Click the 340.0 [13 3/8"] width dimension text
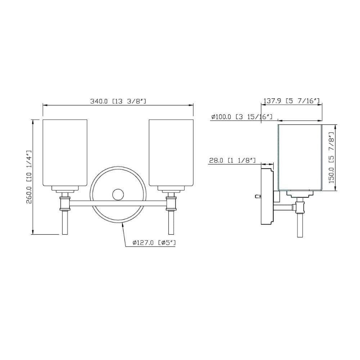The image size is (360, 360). tap(118, 101)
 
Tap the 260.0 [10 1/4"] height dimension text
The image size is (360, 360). tap(29, 177)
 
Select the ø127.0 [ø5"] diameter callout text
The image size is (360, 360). tap(154, 242)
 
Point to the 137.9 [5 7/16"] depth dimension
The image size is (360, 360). tap(291, 101)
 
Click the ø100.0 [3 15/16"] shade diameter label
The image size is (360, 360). tap(242, 117)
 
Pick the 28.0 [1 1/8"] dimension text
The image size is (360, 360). tap(232, 160)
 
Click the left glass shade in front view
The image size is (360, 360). tap(65, 152)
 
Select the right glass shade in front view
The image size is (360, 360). tap(171, 152)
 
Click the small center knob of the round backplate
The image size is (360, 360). tap(118, 195)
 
